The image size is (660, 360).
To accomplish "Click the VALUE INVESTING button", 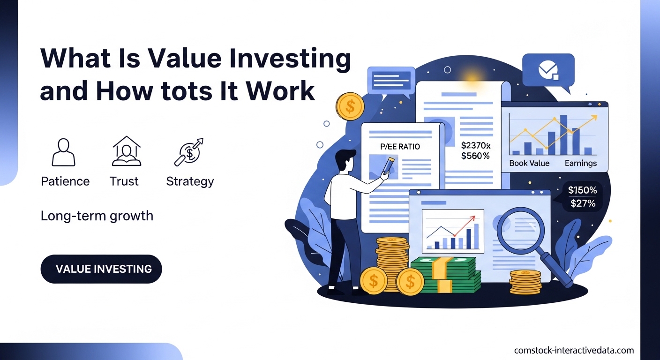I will click(101, 269).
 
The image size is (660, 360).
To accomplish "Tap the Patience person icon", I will click(63, 152).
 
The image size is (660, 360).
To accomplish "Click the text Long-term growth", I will click(97, 216).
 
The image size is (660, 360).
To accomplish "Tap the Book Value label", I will click(529, 163).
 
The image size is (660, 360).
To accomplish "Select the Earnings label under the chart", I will click(580, 163).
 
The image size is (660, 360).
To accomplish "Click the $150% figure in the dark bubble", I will click(582, 190).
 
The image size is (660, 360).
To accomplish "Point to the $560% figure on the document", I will click(475, 156).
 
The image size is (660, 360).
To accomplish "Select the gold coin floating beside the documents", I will click(350, 106).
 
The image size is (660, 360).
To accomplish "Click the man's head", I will click(345, 161).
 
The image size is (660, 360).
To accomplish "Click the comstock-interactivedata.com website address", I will click(574, 350).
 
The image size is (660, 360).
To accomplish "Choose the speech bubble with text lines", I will click(391, 80).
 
